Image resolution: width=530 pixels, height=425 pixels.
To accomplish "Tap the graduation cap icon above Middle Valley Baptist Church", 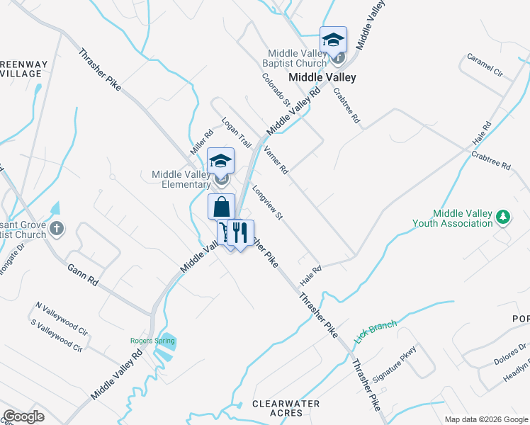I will click(x=332, y=40).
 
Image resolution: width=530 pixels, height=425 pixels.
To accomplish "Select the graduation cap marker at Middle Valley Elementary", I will click(x=220, y=161).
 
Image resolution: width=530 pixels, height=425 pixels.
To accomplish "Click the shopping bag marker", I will click(x=221, y=207).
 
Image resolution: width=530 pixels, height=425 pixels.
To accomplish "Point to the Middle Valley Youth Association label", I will click(x=452, y=218).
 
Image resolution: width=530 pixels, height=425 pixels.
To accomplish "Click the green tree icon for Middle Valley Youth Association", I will click(x=503, y=216).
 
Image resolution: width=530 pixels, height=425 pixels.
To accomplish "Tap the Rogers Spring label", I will click(x=152, y=341).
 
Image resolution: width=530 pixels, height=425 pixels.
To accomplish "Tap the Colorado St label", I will click(x=277, y=90).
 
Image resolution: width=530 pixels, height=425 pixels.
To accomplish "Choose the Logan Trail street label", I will click(x=236, y=132).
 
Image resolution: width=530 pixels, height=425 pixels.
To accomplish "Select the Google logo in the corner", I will click(x=23, y=416).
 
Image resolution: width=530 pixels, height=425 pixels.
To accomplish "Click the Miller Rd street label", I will click(x=201, y=142).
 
